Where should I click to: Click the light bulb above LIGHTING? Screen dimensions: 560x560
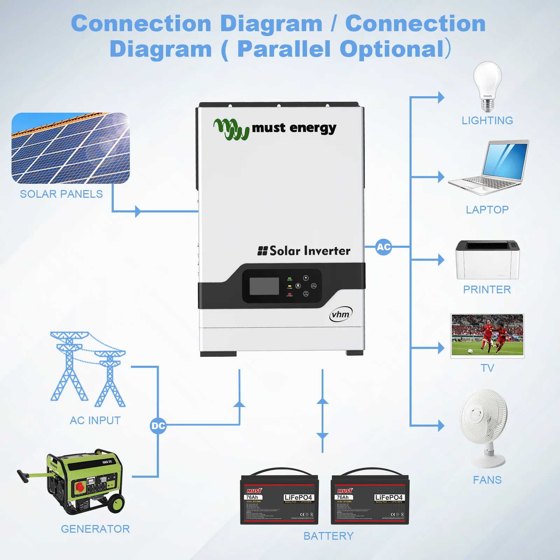point(488,86)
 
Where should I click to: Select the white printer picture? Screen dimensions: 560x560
point(488,260)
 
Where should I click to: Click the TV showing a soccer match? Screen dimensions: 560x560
point(487,336)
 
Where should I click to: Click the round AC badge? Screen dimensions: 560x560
point(384,247)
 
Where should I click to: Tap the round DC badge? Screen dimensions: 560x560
point(158,426)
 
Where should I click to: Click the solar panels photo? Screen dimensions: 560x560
point(71,148)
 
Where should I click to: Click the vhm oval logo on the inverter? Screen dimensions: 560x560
point(341,314)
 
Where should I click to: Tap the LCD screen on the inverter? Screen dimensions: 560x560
point(264,286)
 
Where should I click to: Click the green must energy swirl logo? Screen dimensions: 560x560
point(231,129)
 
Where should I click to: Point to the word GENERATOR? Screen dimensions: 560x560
point(95,529)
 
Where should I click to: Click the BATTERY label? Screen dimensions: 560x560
point(329,536)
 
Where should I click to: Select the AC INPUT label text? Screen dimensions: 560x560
point(95,420)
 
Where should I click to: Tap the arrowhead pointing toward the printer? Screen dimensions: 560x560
point(441,260)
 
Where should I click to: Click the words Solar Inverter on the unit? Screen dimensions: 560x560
point(309,251)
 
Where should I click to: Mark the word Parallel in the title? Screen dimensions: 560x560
point(284,49)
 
